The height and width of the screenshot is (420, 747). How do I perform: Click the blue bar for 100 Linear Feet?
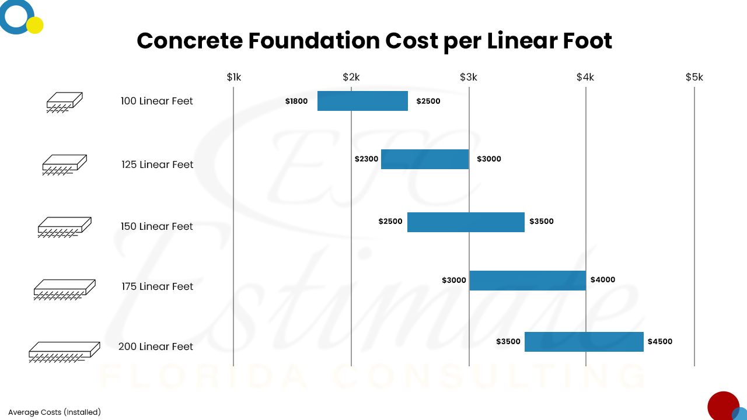[x=362, y=101]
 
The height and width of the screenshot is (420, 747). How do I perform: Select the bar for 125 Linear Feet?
[x=425, y=159]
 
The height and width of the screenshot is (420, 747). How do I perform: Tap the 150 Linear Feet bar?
[x=466, y=222]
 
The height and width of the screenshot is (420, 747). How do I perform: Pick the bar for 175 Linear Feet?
[x=528, y=281]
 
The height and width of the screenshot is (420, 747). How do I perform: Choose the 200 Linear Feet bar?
[x=584, y=342]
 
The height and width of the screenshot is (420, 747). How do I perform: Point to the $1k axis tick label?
[x=233, y=78]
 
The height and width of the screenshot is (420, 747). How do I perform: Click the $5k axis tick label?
[x=694, y=78]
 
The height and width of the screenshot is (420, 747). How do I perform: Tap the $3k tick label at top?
[x=468, y=78]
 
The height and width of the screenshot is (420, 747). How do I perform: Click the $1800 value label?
[x=296, y=101]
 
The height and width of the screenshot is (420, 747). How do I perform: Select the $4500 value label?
[x=659, y=342]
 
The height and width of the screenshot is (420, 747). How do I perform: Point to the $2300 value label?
[x=366, y=159]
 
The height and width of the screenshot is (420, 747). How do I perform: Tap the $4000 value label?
[x=602, y=280]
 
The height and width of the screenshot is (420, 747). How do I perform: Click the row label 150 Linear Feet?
[x=156, y=227]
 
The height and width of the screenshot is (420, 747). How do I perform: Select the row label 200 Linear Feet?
[x=155, y=346]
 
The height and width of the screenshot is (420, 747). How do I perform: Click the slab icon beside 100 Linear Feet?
[x=64, y=102]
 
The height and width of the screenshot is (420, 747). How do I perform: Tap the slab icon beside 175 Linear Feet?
[x=64, y=288]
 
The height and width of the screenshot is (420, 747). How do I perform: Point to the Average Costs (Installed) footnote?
[x=54, y=412]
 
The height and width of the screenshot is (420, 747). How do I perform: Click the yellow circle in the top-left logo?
[x=35, y=25]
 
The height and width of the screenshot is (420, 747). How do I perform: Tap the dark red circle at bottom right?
[x=722, y=406]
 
